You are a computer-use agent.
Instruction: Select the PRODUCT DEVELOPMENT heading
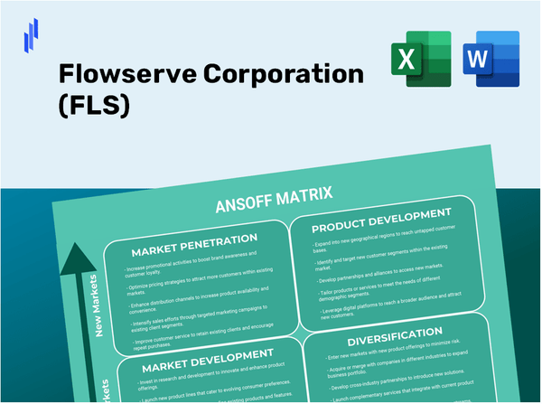point(380,214)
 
